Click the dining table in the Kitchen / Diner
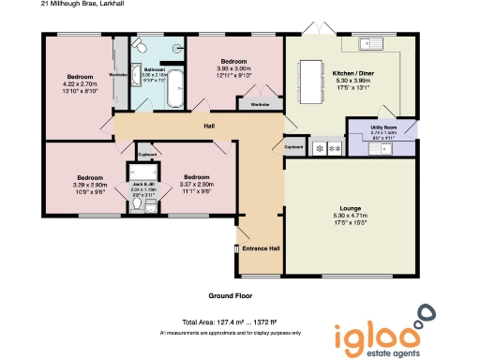click(x=309, y=82)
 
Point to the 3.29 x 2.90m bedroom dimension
click(x=90, y=185)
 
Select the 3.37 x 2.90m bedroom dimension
click(x=197, y=185)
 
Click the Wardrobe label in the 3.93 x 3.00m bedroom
click(x=262, y=105)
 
